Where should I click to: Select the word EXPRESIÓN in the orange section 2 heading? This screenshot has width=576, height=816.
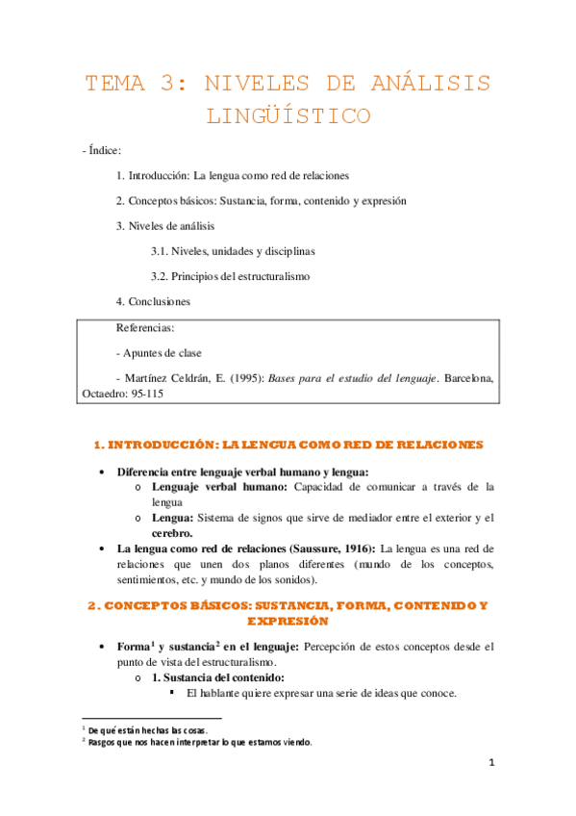(x=288, y=623)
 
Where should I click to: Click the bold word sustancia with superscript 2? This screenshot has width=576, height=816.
(x=188, y=648)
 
